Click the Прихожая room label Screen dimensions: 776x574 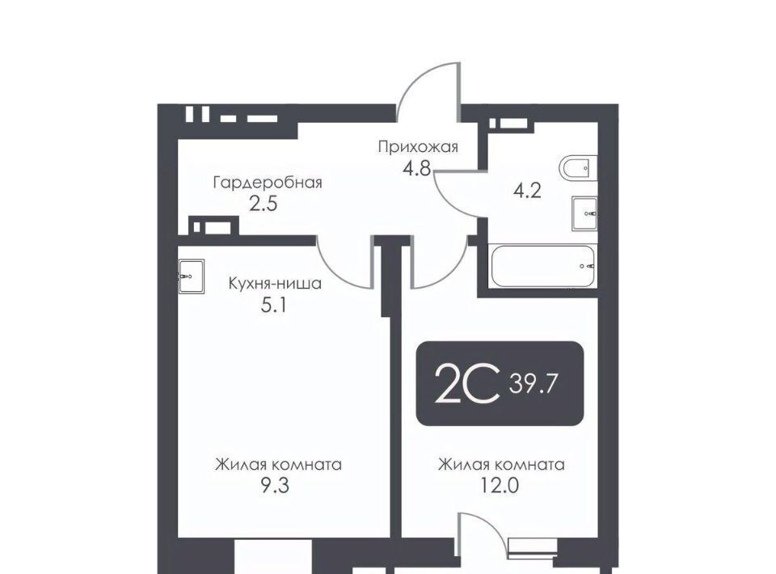pyautogui.click(x=418, y=147)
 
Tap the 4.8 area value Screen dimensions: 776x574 pyautogui.click(x=417, y=169)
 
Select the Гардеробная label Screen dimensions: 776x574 pyautogui.click(x=268, y=183)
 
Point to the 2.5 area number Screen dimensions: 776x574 pyautogui.click(x=263, y=204)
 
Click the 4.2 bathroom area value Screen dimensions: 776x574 pyautogui.click(x=527, y=191)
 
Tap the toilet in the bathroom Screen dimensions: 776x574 pyautogui.click(x=578, y=167)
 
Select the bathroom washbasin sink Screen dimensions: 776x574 pyautogui.click(x=584, y=213)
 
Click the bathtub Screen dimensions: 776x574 pyautogui.click(x=542, y=266)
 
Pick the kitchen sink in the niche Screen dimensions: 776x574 pyautogui.click(x=191, y=276)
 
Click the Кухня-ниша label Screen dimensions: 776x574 pyautogui.click(x=275, y=284)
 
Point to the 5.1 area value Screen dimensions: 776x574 pyautogui.click(x=274, y=306)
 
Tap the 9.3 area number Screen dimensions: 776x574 pyautogui.click(x=275, y=486)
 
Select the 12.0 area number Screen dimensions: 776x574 pyautogui.click(x=500, y=486)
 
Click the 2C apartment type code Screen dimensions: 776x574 pyautogui.click(x=466, y=383)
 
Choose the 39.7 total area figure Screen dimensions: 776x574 pyautogui.click(x=533, y=383)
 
